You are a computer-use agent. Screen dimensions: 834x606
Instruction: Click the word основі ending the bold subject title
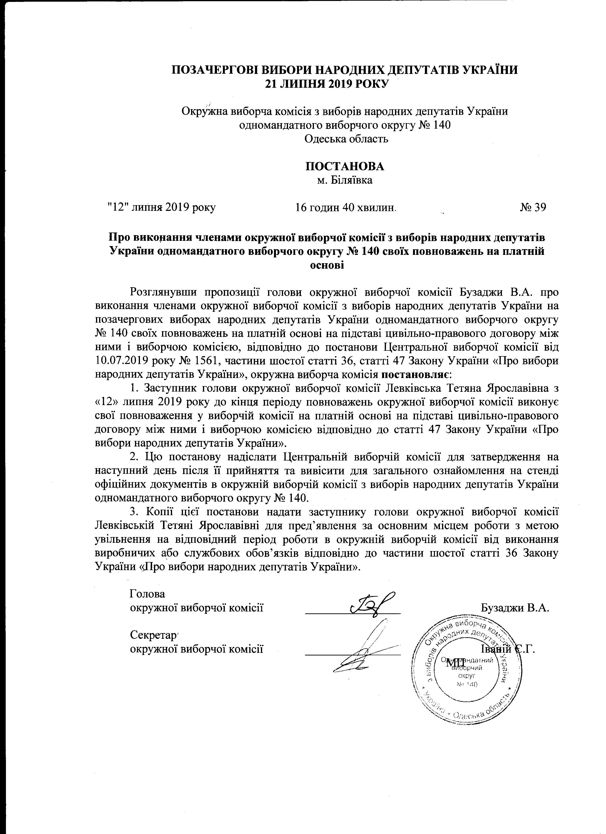327,265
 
